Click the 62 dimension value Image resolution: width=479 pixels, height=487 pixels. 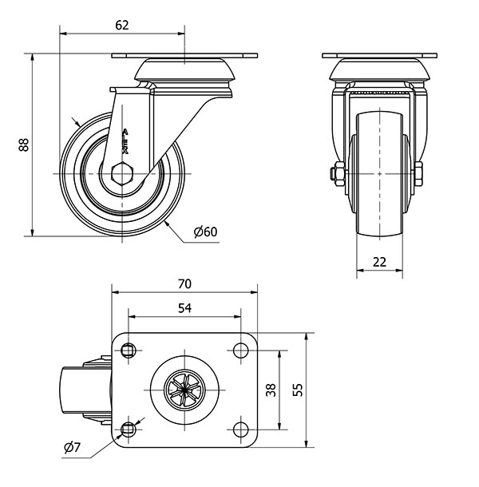coord(121,25)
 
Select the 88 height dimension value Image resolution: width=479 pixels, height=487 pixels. coord(23,145)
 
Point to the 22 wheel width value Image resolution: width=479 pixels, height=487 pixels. coord(378,261)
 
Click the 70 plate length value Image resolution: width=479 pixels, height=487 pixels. coord(184,283)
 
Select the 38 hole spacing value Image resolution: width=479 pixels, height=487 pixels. coord(271,390)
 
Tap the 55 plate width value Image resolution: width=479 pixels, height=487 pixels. coord(297,390)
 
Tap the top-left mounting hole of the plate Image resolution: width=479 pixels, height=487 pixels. coord(129,348)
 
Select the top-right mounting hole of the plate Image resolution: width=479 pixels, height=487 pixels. coord(239,348)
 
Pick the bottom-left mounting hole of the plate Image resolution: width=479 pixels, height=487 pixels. coord(129,431)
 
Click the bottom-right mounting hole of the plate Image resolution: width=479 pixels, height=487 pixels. coord(239,431)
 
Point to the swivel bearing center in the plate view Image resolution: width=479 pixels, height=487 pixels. coord(184,390)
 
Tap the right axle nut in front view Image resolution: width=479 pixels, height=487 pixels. coord(418,172)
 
